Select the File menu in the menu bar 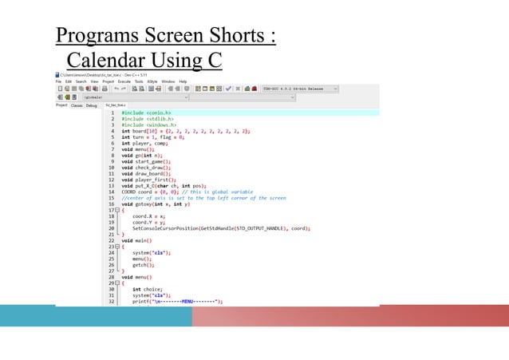[59, 81]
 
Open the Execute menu [124, 81]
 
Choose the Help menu [183, 81]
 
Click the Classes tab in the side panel [77, 105]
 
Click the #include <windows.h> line [145, 125]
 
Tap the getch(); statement [143, 263]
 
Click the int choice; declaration [148, 288]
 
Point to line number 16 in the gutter [112, 204]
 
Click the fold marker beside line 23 [118, 247]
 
